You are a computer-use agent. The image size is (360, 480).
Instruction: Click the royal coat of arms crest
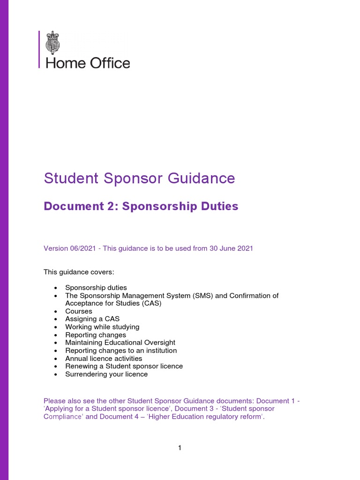53,43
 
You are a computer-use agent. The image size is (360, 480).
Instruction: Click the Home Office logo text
88,63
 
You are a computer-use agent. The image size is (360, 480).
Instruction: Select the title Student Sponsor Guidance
139,178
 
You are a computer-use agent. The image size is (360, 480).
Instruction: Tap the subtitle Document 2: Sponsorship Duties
141,206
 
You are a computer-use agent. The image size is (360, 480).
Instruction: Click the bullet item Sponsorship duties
96,287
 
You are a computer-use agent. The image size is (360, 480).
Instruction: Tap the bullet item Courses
79,311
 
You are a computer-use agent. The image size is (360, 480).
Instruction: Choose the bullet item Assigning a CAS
92,319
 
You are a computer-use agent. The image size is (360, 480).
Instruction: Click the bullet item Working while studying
102,327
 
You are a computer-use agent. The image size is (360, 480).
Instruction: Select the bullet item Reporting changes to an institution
121,350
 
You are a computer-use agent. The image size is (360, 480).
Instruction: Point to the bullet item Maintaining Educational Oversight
120,343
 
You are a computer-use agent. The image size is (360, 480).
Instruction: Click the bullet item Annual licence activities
104,358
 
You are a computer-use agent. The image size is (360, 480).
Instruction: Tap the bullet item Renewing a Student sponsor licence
124,366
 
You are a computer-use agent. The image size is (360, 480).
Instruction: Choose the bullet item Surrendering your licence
106,374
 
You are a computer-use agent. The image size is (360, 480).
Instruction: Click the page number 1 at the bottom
180,448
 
